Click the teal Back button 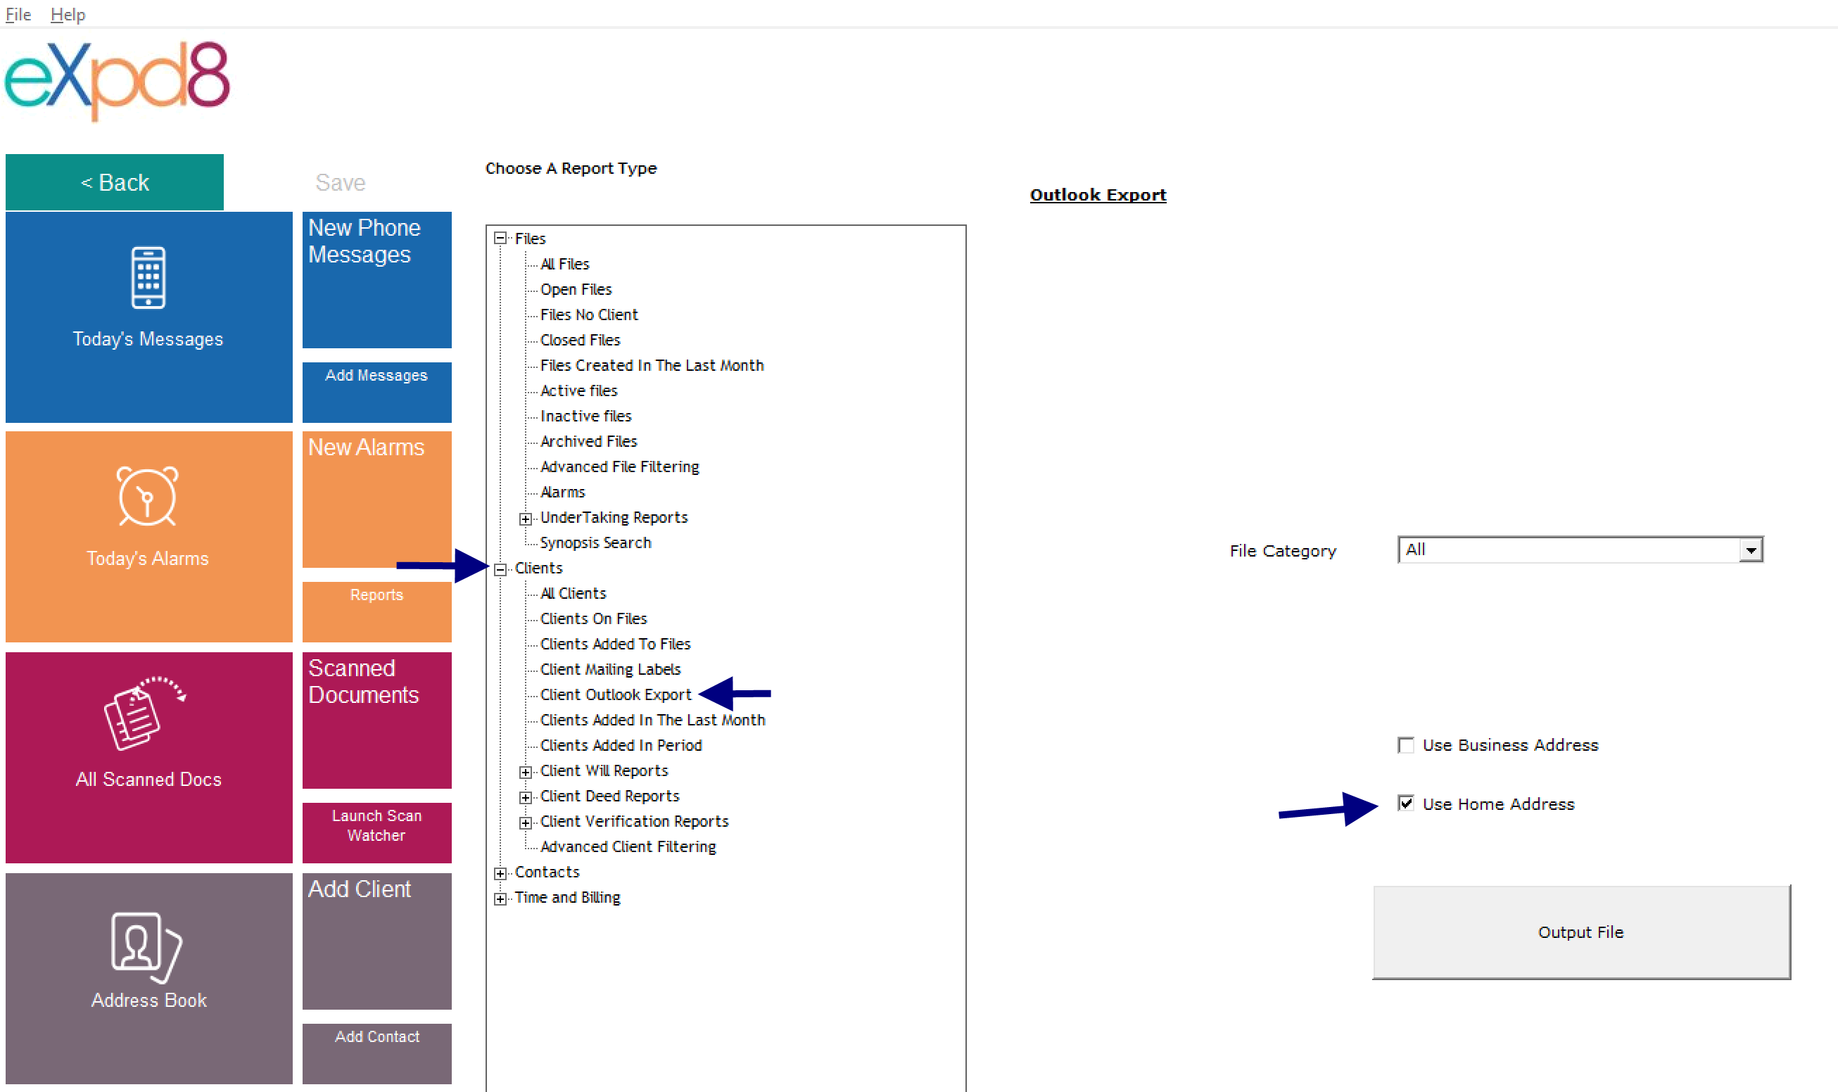click(x=114, y=182)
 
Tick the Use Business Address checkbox click(x=1406, y=745)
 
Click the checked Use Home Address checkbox click(x=1406, y=804)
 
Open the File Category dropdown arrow click(x=1751, y=550)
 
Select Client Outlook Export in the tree click(x=615, y=694)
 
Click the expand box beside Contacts click(x=500, y=873)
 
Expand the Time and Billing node click(x=500, y=899)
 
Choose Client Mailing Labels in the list click(x=610, y=670)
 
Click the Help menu click(x=68, y=15)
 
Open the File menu click(x=18, y=15)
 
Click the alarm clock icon click(x=147, y=496)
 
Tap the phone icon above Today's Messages click(x=148, y=277)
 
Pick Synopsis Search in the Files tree click(x=595, y=543)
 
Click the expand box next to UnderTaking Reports click(x=526, y=519)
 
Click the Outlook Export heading click(x=1098, y=195)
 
